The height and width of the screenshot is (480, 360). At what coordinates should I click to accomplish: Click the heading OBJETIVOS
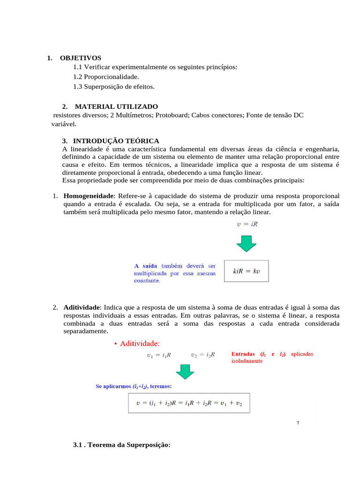coord(80,58)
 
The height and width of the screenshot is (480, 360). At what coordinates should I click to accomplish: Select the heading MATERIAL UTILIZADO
coord(116,106)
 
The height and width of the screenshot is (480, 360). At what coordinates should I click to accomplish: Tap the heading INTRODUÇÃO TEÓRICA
coord(117,141)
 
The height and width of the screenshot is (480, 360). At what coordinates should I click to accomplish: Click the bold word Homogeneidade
coord(89,195)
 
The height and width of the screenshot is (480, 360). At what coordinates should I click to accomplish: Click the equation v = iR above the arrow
coord(247,224)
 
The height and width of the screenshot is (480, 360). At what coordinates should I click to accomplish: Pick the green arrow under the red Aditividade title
coord(185,371)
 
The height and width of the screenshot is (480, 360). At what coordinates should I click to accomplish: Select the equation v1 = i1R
coord(159,355)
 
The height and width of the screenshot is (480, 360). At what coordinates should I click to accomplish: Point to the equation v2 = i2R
coord(203,355)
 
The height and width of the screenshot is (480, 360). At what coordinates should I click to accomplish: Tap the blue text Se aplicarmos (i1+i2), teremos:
coord(134,387)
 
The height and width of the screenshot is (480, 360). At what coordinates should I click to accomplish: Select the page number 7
coord(298,423)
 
